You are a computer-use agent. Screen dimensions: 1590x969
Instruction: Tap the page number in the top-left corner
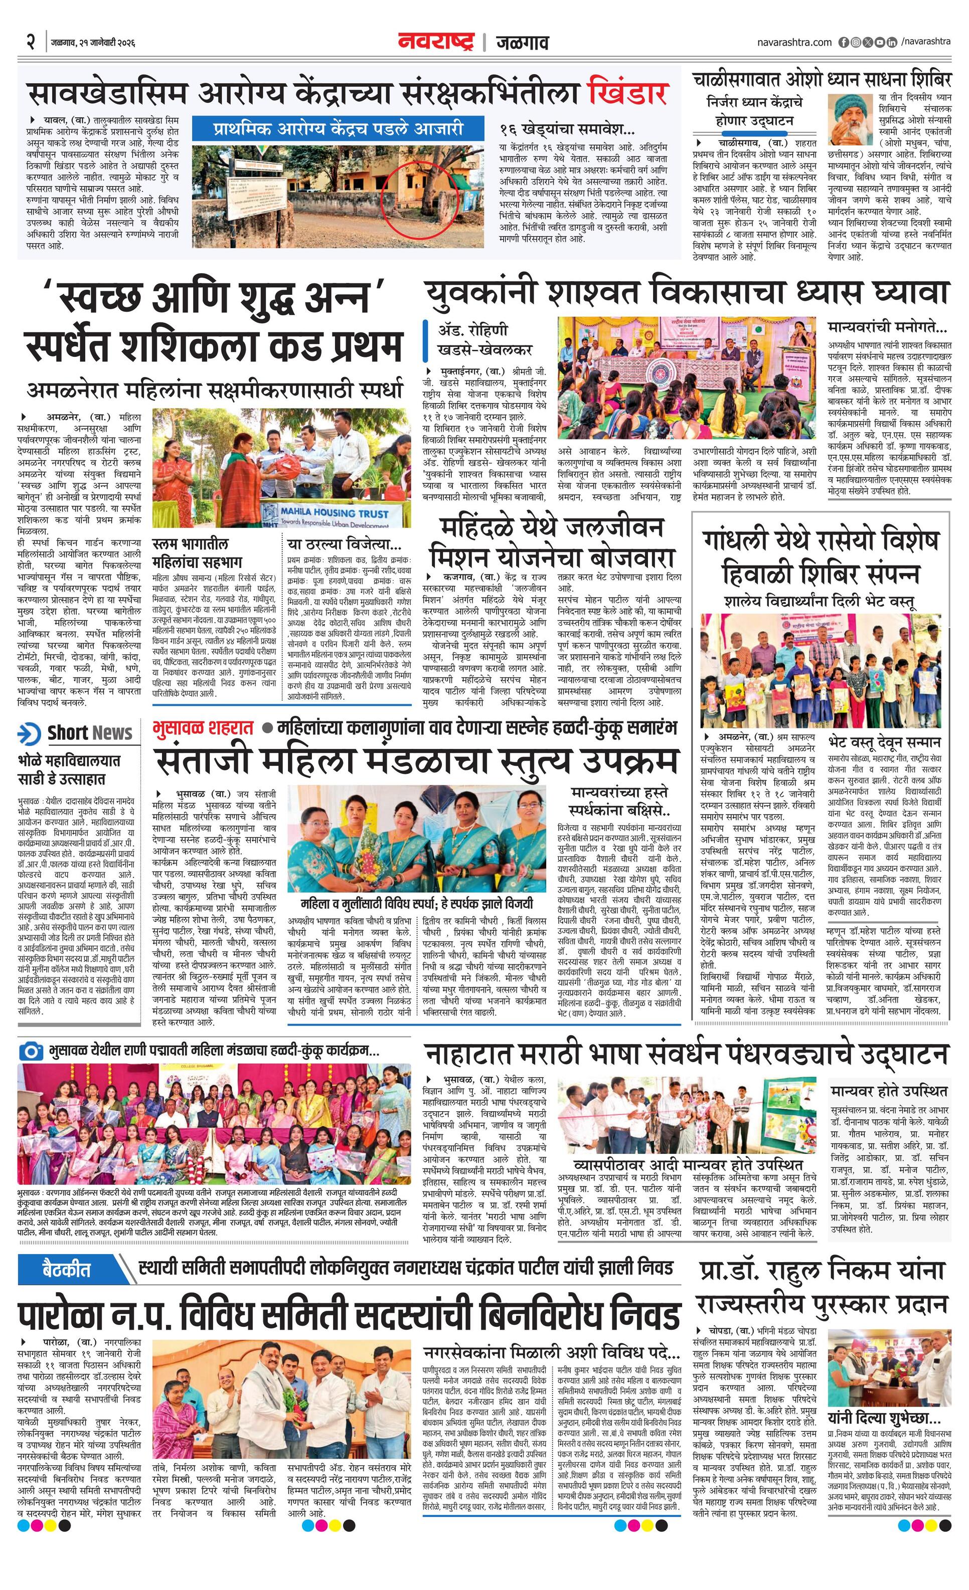pos(30,43)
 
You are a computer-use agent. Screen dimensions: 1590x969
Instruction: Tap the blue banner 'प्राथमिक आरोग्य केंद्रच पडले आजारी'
pos(338,128)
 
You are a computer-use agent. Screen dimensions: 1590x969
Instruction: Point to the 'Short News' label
pos(89,733)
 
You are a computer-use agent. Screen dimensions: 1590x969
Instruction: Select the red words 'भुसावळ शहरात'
pos(203,728)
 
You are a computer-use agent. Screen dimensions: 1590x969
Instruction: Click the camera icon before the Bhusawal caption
pos(30,1051)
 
